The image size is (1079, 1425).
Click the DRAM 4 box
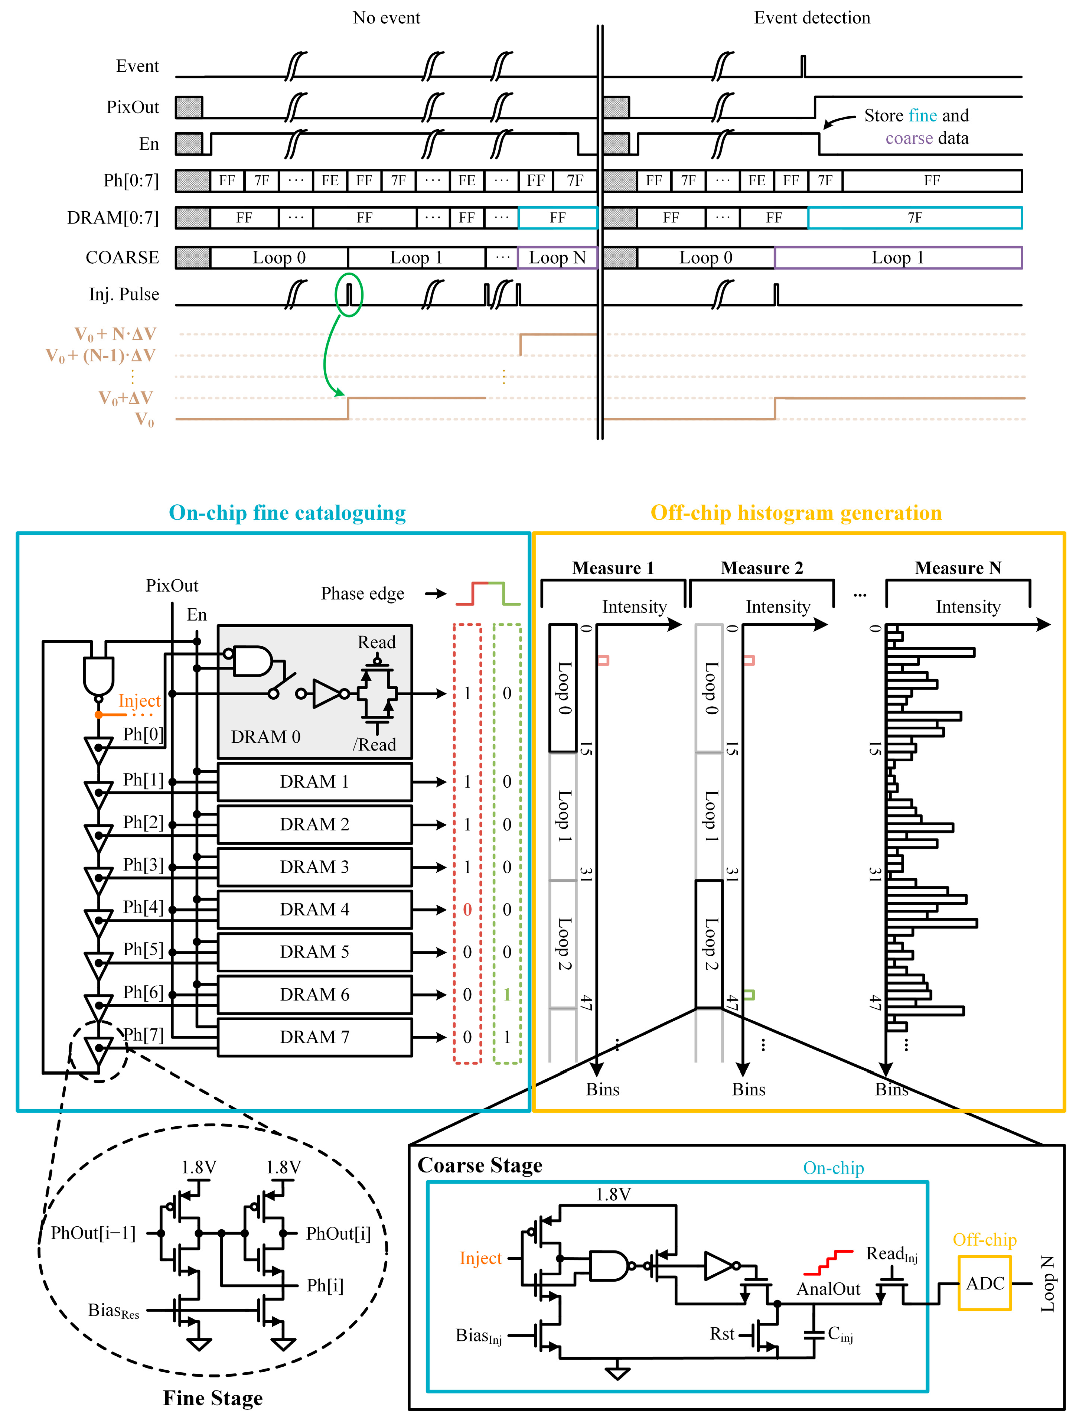click(314, 909)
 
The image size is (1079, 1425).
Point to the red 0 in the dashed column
click(468, 909)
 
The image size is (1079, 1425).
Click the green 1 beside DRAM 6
click(507, 994)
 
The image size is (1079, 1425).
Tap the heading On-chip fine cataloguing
click(287, 513)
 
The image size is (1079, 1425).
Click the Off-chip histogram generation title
click(796, 513)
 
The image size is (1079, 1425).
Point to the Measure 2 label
click(762, 567)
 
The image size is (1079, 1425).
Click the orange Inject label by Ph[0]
click(139, 700)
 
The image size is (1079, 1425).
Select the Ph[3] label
click(143, 865)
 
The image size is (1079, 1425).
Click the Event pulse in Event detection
click(803, 66)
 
